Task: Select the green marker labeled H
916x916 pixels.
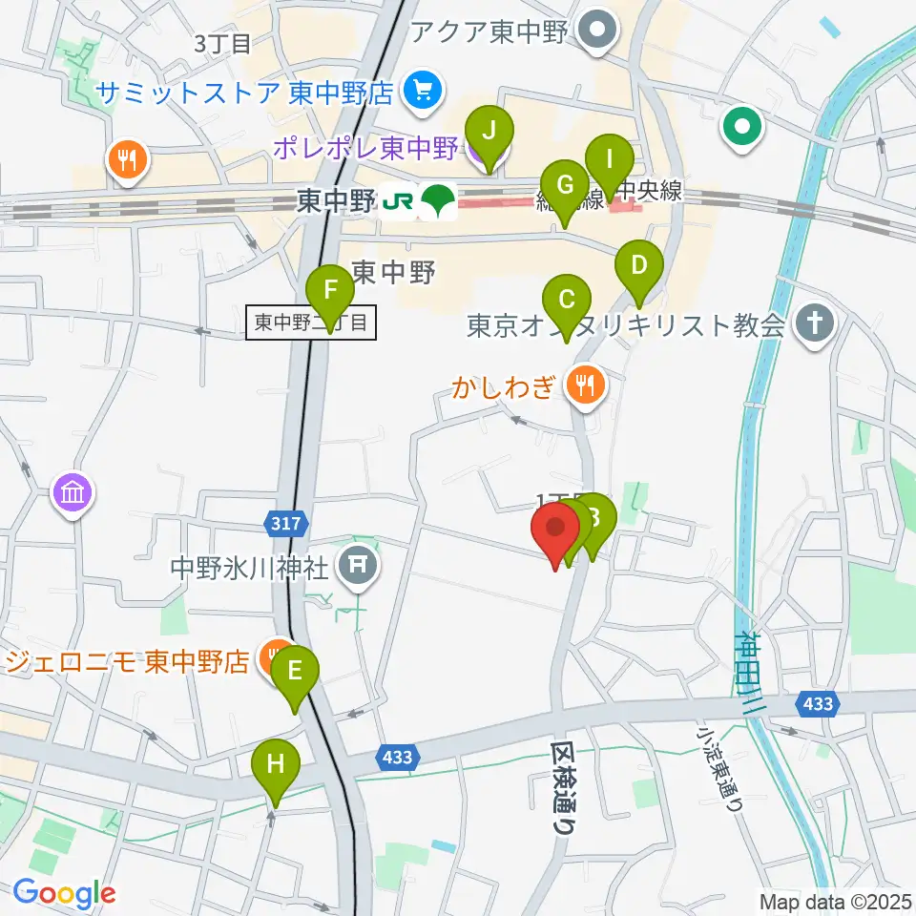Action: (x=275, y=765)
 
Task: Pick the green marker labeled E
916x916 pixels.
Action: (x=296, y=670)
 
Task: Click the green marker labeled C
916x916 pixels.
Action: (x=567, y=301)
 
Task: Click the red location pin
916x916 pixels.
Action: (x=554, y=530)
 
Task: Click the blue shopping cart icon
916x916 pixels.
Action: (x=420, y=92)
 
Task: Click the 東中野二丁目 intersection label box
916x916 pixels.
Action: (x=311, y=323)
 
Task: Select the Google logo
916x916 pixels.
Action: (x=65, y=893)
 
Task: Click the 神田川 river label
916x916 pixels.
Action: (x=750, y=668)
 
